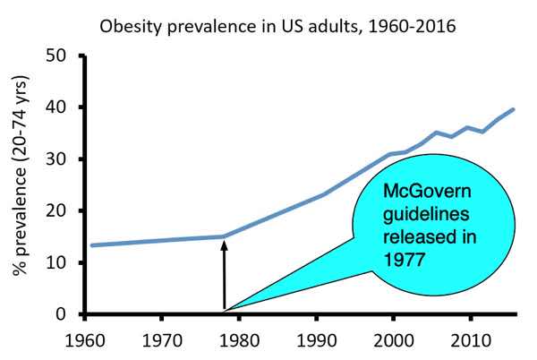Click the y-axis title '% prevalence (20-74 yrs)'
click(x=18, y=183)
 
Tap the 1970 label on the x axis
click(x=162, y=341)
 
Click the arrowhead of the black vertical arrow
click(x=223, y=244)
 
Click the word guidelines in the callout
click(x=419, y=215)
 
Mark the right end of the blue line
click(x=514, y=109)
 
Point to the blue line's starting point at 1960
click(x=91, y=244)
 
